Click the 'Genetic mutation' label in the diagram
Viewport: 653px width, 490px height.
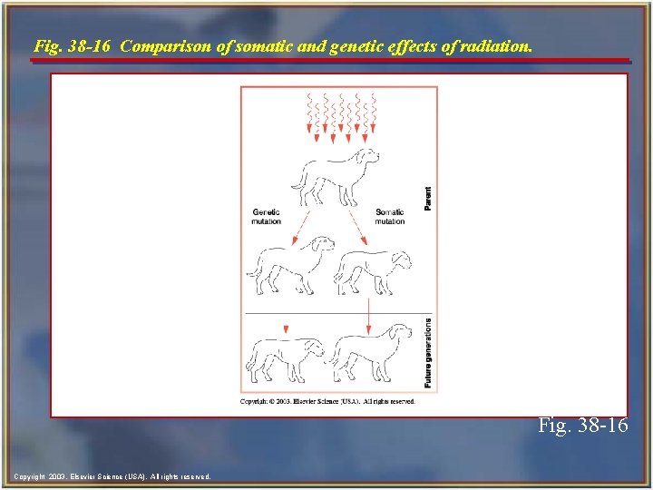click(x=266, y=217)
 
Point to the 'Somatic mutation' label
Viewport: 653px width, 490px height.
click(x=390, y=217)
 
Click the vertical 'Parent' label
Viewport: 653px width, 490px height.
click(x=428, y=199)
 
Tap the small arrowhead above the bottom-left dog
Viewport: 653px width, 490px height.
click(x=286, y=328)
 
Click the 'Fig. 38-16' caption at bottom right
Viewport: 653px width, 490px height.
click(x=582, y=425)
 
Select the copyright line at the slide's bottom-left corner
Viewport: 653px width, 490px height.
click(x=112, y=476)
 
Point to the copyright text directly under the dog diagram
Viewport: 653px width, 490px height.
click(x=327, y=400)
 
